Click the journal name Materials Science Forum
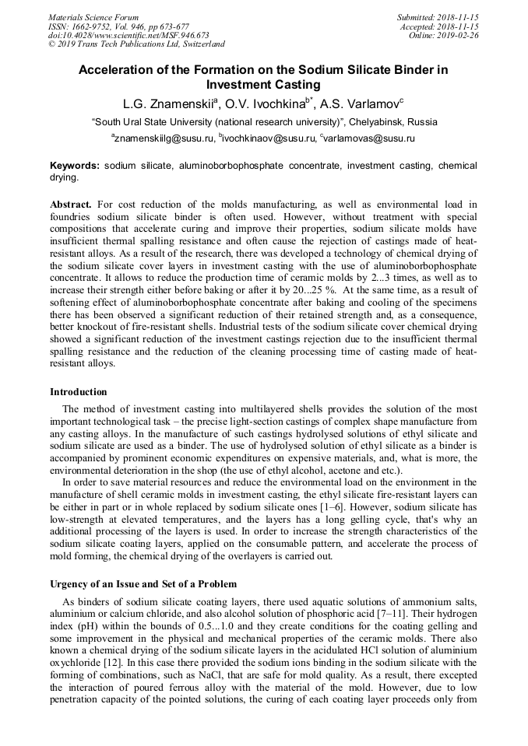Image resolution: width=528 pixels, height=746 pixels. [93, 17]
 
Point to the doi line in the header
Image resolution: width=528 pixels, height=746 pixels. [128, 35]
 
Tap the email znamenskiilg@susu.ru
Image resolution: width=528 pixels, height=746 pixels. [163, 138]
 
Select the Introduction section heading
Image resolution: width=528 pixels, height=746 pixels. [79, 391]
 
